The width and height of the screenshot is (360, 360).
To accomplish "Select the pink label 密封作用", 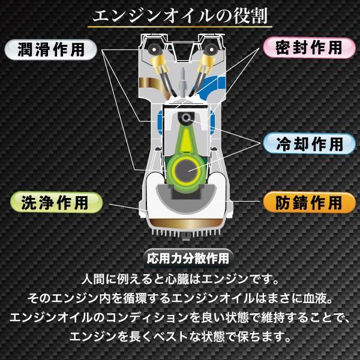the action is click(x=308, y=47).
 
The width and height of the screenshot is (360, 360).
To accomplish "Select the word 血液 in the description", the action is click(x=309, y=298).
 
